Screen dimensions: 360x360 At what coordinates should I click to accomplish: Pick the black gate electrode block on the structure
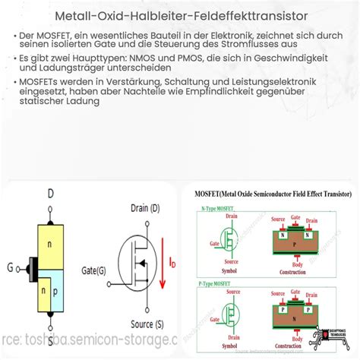coord(31,267)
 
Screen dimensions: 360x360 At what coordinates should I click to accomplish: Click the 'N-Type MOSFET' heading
coord(216,208)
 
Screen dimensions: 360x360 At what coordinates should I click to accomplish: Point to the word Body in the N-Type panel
coord(298,264)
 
